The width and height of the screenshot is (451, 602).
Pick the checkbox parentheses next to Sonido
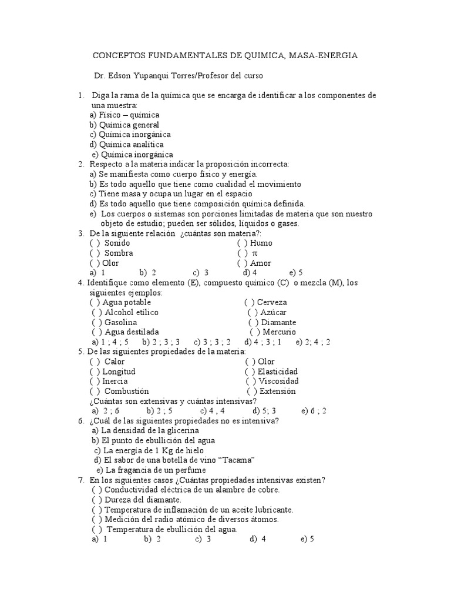(95, 243)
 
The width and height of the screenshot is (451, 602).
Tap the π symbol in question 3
(255, 253)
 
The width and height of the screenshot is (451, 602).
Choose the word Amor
(261, 263)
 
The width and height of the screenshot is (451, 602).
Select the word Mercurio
(280, 332)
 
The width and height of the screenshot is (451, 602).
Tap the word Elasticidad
(278, 372)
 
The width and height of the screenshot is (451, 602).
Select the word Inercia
(115, 382)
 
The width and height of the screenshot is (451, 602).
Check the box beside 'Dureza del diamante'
(97, 500)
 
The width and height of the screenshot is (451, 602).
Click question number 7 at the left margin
(81, 480)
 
